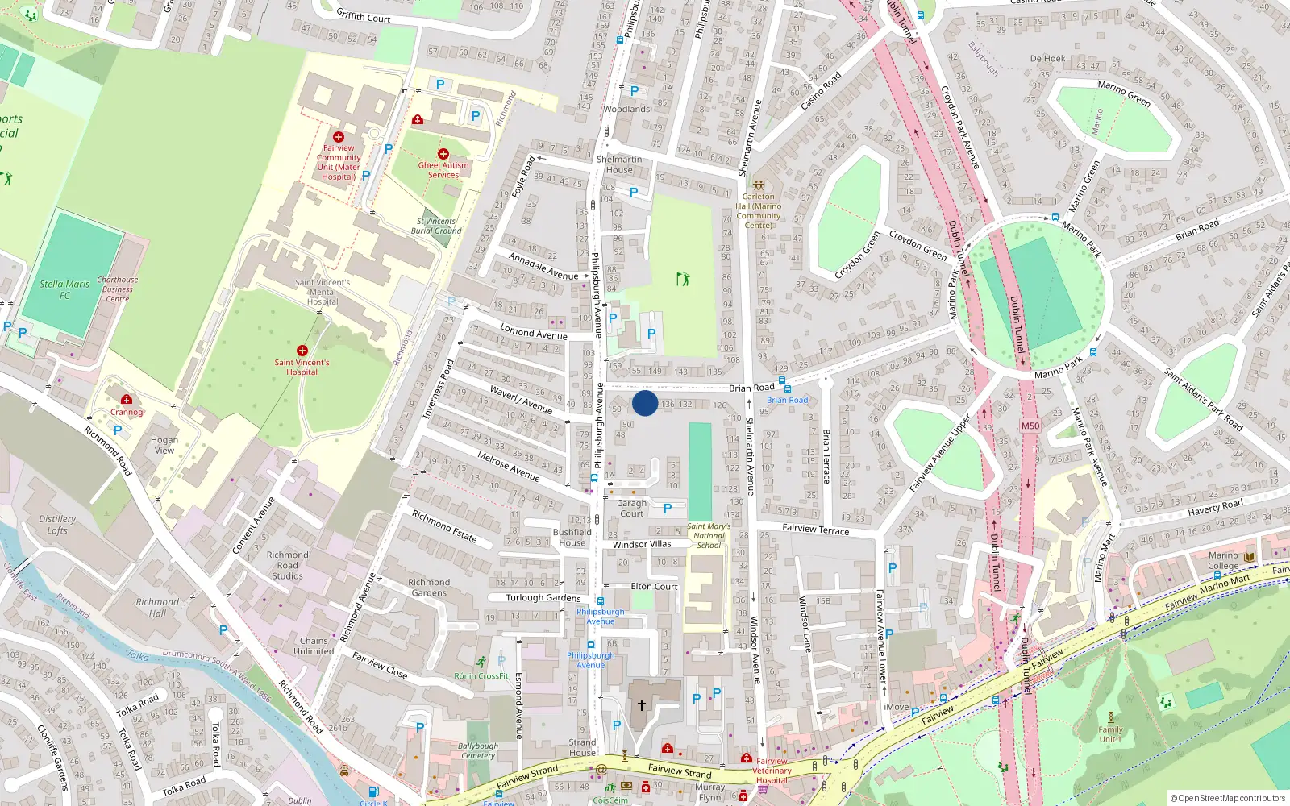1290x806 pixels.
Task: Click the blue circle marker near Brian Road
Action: [645, 403]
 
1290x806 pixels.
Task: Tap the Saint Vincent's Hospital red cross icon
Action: [302, 351]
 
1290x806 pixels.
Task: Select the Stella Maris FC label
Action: [64, 289]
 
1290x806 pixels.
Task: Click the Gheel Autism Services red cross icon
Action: [443, 154]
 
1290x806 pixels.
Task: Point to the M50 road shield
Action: [1030, 426]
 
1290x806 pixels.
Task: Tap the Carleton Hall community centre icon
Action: [758, 185]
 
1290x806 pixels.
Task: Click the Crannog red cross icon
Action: [127, 400]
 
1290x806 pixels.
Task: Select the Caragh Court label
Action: [632, 509]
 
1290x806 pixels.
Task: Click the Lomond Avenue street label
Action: [534, 332]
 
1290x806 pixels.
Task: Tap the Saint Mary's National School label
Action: [709, 536]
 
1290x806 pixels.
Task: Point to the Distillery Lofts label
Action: [57, 525]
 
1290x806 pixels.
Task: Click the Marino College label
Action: [1223, 560]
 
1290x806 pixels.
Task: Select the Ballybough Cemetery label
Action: [478, 751]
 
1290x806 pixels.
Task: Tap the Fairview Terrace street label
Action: [815, 529]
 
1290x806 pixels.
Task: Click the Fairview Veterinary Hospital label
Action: [772, 771]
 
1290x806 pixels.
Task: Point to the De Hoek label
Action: [1047, 59]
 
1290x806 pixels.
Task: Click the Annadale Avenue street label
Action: [543, 266]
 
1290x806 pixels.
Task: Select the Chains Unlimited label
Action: [314, 646]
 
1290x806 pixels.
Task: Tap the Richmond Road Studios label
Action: [288, 565]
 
